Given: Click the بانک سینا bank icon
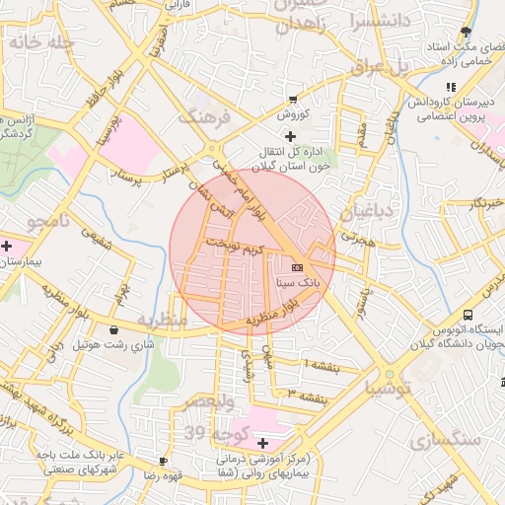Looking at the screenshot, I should (297, 266).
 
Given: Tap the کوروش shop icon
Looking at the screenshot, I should (292, 100).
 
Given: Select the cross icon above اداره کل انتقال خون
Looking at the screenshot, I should (289, 135).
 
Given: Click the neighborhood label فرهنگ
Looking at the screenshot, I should (203, 118).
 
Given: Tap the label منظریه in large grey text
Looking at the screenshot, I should (162, 321).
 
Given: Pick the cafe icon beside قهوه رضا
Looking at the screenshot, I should (164, 461).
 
